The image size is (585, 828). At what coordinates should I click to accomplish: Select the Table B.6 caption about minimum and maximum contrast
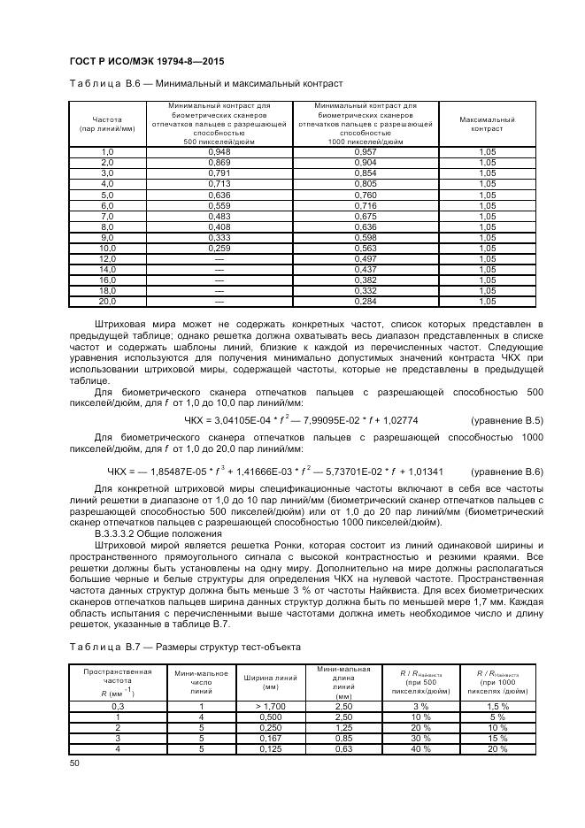[204, 83]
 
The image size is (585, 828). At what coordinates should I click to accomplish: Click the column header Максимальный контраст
[487, 123]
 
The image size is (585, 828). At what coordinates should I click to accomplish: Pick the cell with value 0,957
[365, 152]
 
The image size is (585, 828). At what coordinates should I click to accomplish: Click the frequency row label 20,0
[107, 301]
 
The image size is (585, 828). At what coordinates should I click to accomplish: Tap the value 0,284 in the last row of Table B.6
[365, 301]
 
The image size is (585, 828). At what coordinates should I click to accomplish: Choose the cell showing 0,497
[365, 259]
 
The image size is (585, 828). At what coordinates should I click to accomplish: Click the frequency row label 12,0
[107, 259]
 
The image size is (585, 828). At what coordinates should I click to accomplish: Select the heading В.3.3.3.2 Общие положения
[152, 534]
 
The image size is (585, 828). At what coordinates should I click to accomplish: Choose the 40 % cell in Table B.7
[420, 748]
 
